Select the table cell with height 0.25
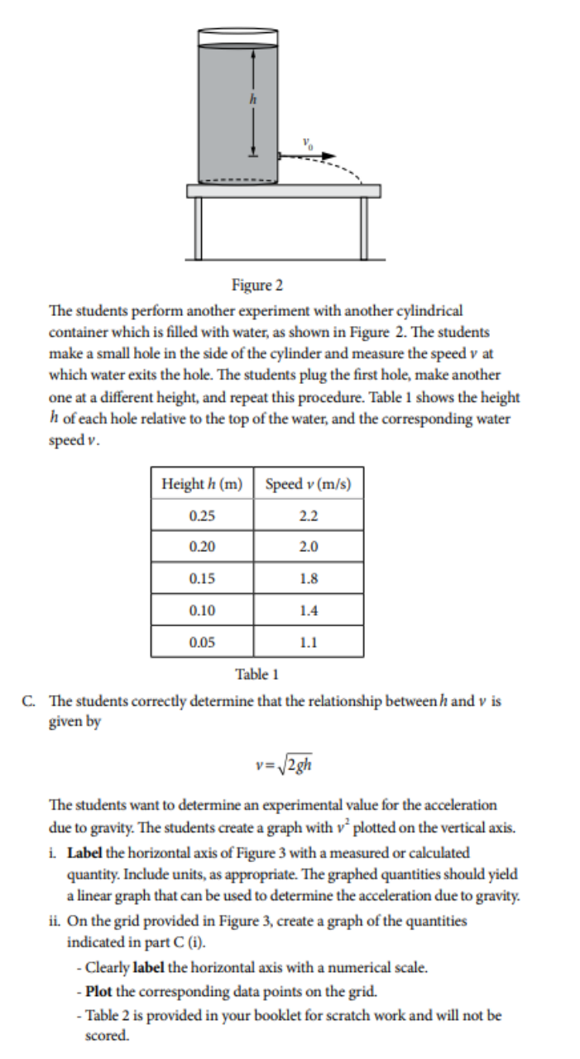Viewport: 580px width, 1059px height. [x=202, y=515]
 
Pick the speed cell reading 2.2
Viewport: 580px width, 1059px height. [x=309, y=515]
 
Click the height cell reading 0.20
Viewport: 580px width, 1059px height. [x=202, y=547]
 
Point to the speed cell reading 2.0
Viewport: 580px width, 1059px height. [x=309, y=547]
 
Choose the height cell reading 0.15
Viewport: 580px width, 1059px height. [x=202, y=578]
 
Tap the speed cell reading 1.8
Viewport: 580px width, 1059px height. [x=309, y=578]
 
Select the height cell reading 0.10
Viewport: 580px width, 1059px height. [x=202, y=610]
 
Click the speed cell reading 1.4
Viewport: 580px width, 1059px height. [x=309, y=610]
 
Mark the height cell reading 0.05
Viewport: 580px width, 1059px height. [x=202, y=641]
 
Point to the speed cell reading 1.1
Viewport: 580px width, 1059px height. [x=309, y=641]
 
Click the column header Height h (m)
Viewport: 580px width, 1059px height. [x=202, y=484]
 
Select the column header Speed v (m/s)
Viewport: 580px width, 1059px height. [x=309, y=484]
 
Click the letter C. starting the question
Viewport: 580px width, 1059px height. [x=29, y=701]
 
